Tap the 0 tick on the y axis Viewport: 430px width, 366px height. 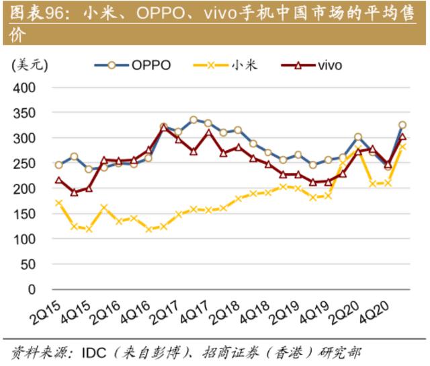coord(31,290)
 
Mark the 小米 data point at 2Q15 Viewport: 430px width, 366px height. coord(58,203)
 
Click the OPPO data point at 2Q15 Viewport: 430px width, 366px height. coord(58,165)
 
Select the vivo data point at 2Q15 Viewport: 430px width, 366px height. coord(58,180)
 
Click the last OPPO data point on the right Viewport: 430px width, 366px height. coord(402,125)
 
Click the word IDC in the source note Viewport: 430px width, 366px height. coord(93,352)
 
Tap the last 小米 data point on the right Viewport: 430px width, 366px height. coord(402,146)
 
